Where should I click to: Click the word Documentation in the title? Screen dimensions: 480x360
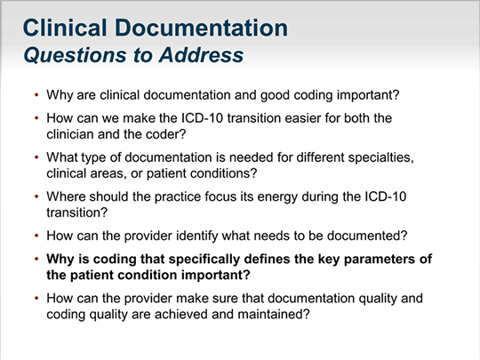(x=201, y=28)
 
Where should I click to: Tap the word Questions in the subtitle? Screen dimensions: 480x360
(x=75, y=55)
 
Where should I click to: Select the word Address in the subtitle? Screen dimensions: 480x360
(x=202, y=55)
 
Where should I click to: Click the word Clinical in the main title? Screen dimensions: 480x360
(x=65, y=28)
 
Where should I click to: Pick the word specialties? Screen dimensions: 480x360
(x=380, y=157)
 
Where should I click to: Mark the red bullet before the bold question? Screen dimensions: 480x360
(x=36, y=260)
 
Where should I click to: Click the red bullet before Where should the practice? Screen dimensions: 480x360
(x=36, y=196)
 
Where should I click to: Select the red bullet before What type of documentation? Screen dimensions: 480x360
(x=36, y=157)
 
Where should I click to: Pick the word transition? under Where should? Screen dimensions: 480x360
(x=77, y=212)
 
